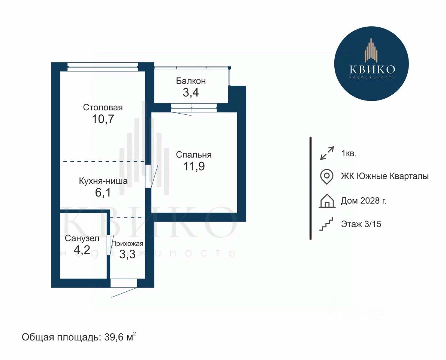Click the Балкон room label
click(x=190, y=81)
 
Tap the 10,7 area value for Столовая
click(x=103, y=119)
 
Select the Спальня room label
click(x=194, y=154)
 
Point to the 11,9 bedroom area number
click(x=194, y=166)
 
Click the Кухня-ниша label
click(x=103, y=181)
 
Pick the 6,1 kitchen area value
click(x=103, y=193)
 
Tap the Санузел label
click(x=82, y=238)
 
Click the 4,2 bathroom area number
click(x=82, y=250)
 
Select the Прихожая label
click(x=127, y=244)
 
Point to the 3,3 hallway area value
click(x=127, y=254)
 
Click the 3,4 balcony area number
click(x=190, y=93)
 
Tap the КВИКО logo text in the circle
click(x=372, y=69)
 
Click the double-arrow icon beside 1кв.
click(x=327, y=153)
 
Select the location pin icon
click(x=326, y=177)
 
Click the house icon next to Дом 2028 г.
click(x=327, y=201)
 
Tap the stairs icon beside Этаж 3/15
click(x=326, y=224)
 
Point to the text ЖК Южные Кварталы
click(x=385, y=177)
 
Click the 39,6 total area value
click(x=114, y=337)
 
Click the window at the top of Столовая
click(x=103, y=67)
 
